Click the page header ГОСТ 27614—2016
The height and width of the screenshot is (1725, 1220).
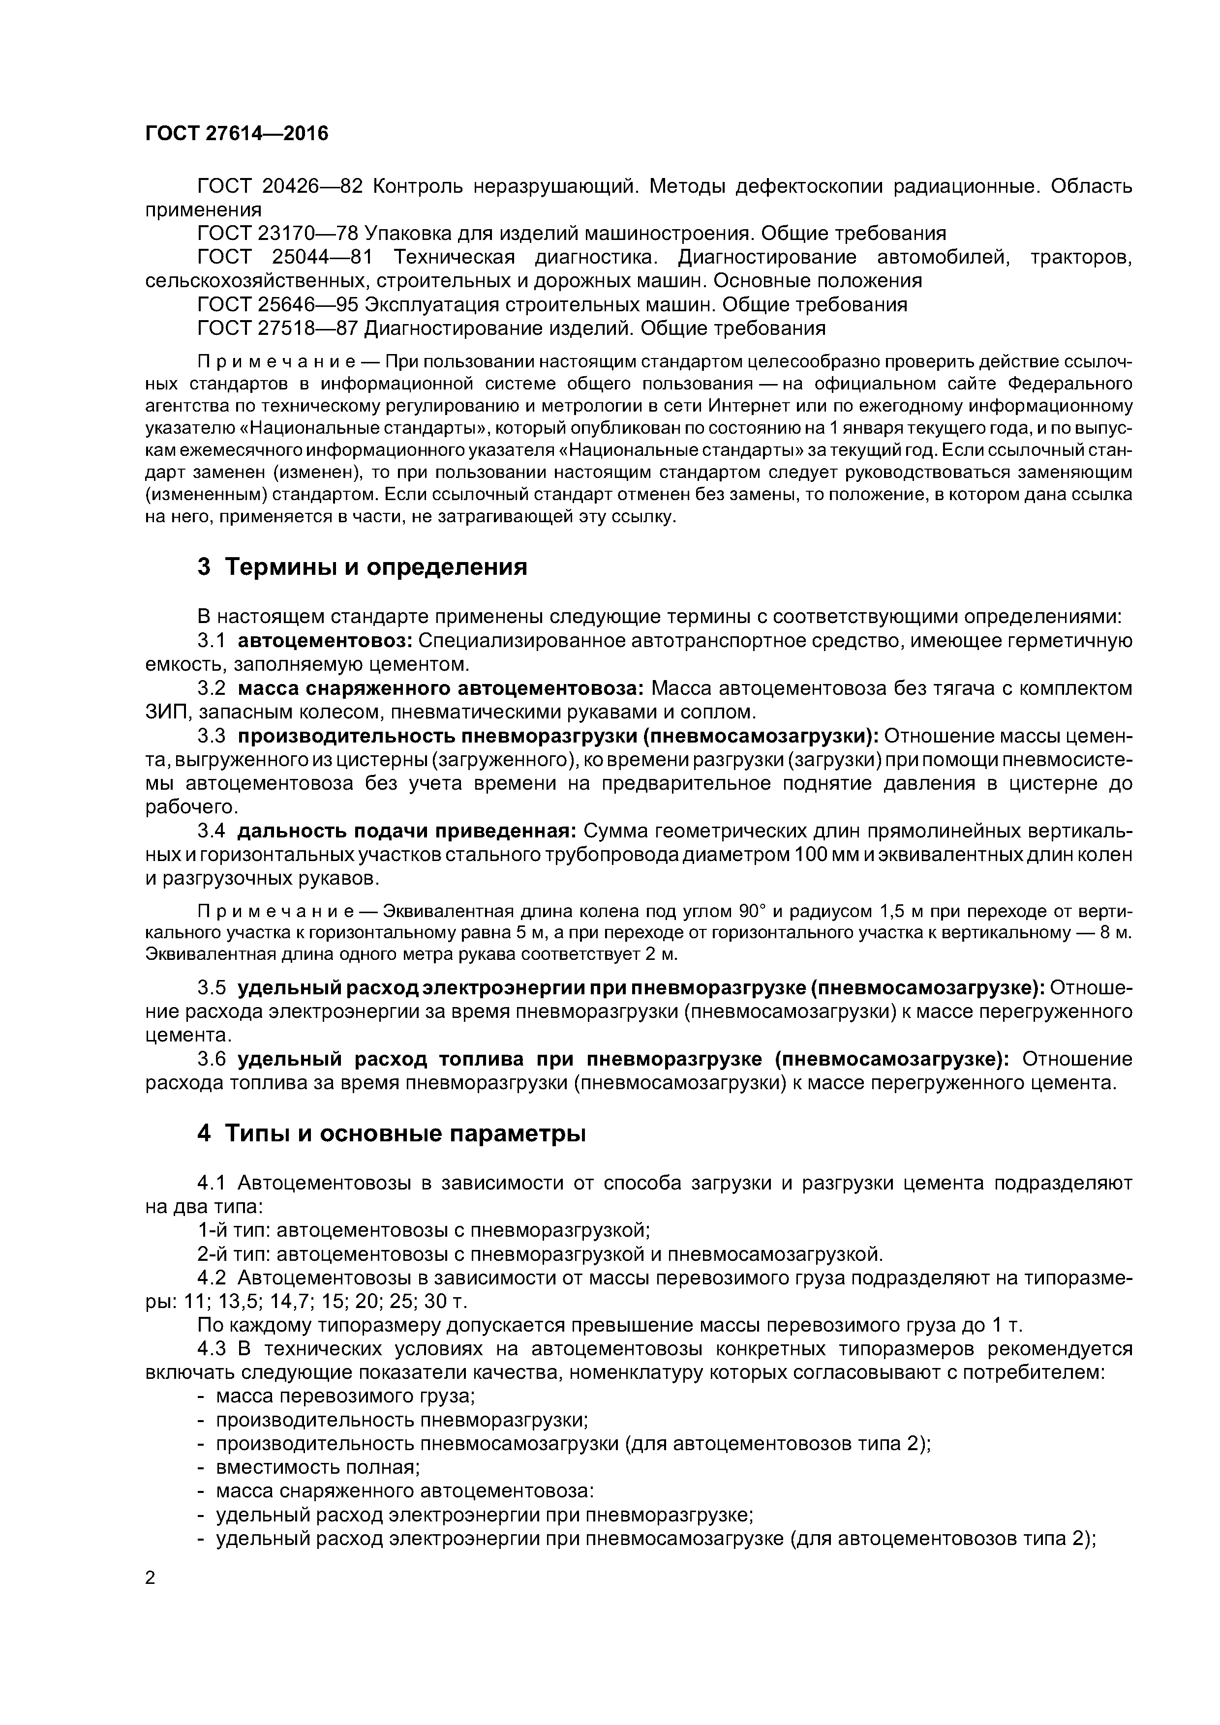[x=237, y=134]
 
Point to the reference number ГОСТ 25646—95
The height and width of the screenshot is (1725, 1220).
[x=279, y=304]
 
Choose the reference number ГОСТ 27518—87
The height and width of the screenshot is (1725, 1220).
[x=279, y=328]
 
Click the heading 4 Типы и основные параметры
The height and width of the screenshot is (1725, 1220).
[x=391, y=1133]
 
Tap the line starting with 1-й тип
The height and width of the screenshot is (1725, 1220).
[x=423, y=1230]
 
